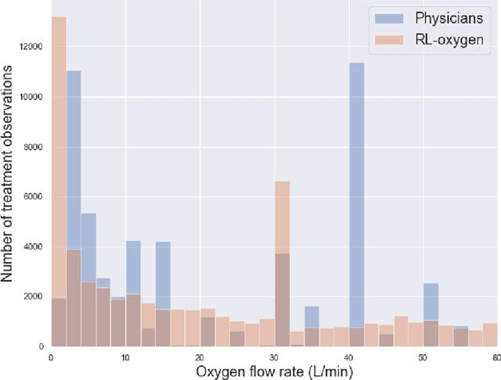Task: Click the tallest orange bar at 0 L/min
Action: tap(58, 180)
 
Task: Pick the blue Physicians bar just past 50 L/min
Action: tap(431, 301)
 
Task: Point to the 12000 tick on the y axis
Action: tap(30, 48)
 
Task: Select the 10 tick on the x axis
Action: tap(125, 357)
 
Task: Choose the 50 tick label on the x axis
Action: tap(423, 357)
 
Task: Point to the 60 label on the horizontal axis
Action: tap(495, 357)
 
